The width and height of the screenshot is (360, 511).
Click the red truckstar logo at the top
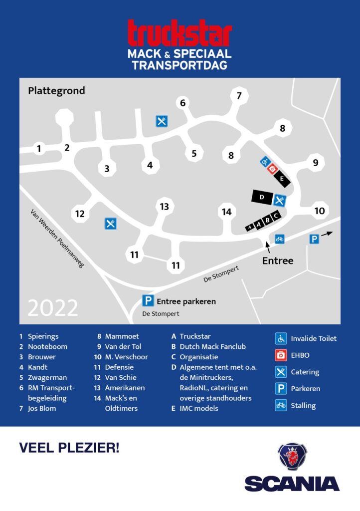click(180, 33)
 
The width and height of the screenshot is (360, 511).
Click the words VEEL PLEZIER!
click(69, 447)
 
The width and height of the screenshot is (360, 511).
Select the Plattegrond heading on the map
click(56, 91)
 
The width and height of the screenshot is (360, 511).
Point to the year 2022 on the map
click(53, 308)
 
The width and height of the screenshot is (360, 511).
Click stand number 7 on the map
click(239, 95)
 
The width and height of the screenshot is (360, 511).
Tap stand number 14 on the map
click(227, 212)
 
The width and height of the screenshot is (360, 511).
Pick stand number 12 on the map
click(80, 214)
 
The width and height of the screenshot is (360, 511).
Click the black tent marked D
click(262, 198)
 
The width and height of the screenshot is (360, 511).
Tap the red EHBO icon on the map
click(273, 169)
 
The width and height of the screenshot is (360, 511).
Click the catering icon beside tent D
click(280, 201)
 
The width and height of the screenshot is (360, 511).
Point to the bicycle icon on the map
click(280, 239)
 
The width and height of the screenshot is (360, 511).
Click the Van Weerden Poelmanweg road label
click(57, 238)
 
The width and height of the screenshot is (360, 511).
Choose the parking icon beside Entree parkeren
click(148, 301)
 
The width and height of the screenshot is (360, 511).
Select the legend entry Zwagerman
click(47, 378)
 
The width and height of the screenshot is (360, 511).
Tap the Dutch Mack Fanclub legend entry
click(212, 347)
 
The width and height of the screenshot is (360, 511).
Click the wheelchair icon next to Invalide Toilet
click(281, 338)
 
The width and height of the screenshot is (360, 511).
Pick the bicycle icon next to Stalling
click(281, 406)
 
